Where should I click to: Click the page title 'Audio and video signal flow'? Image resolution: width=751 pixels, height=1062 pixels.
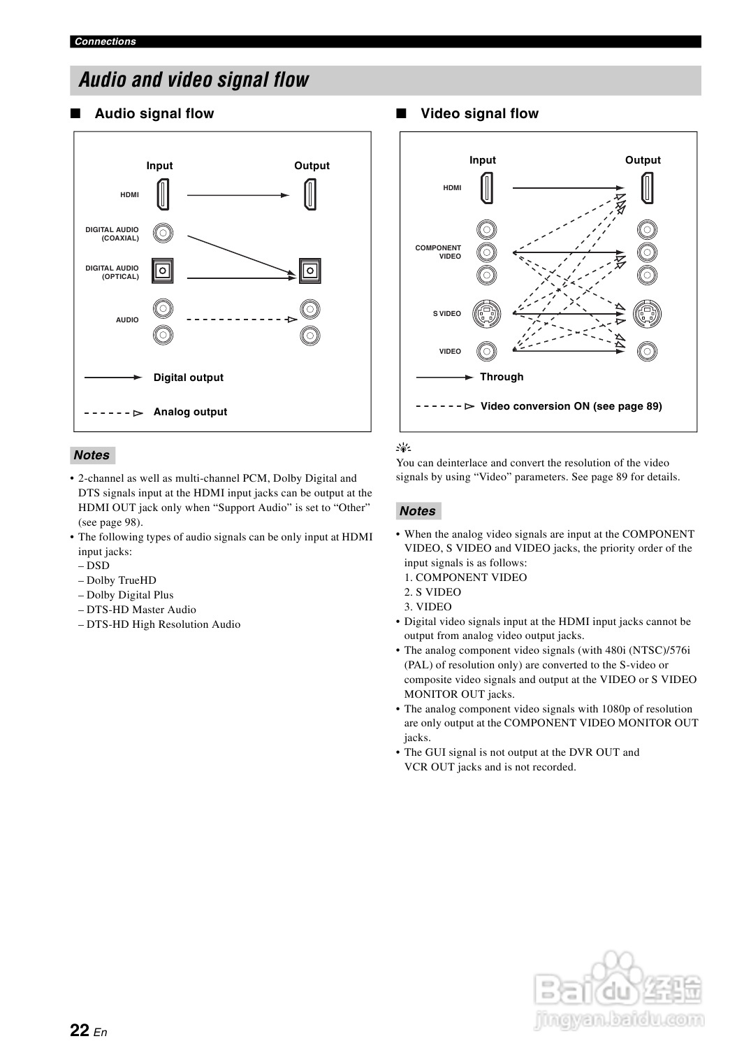(x=194, y=80)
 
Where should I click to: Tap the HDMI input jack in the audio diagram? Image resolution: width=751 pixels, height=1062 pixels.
(x=163, y=194)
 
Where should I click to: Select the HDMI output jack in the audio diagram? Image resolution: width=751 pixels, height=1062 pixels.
(x=309, y=194)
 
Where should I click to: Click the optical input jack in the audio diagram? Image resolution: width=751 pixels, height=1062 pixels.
(x=163, y=271)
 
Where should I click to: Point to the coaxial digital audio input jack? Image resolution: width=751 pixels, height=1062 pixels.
(x=163, y=233)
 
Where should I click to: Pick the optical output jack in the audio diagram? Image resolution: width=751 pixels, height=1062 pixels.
(x=309, y=271)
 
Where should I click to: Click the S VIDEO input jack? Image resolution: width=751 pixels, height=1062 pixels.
(x=487, y=314)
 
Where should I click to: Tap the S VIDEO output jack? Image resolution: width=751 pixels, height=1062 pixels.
(x=647, y=314)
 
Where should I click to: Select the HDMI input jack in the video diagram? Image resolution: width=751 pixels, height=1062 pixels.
(x=487, y=187)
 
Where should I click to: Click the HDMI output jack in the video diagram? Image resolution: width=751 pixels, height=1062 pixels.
(x=647, y=187)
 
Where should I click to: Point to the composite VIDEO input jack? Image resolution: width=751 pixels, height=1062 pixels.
(x=487, y=351)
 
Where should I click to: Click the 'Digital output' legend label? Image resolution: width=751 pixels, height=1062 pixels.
(x=189, y=378)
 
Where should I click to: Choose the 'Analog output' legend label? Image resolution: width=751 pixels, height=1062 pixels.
(x=190, y=412)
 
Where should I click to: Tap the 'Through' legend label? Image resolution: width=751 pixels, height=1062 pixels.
(x=502, y=377)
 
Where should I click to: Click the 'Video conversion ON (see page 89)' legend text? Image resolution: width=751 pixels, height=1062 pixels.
(x=571, y=406)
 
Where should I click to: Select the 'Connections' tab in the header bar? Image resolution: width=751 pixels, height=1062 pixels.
(x=105, y=41)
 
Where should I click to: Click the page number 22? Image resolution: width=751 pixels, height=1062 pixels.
(x=80, y=1030)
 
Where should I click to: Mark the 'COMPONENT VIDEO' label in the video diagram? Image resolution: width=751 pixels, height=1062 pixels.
(x=438, y=252)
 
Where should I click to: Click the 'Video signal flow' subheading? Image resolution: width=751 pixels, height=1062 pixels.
(x=479, y=113)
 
